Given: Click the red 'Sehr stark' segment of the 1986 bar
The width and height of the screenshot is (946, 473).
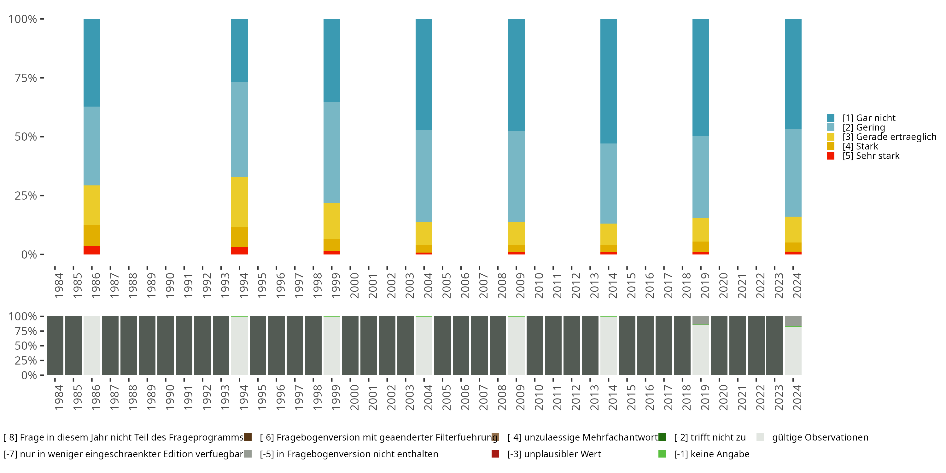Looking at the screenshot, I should click(x=92, y=250).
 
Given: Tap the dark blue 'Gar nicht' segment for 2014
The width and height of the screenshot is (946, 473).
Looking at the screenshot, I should click(x=609, y=81).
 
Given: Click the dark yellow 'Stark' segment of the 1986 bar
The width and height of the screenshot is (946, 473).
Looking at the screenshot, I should click(x=92, y=236).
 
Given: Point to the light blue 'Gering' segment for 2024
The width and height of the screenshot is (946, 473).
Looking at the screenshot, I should click(x=793, y=172).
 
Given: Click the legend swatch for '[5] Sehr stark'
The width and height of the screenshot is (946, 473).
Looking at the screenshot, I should click(x=831, y=156).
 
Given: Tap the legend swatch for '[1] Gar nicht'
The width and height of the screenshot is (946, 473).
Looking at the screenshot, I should click(x=831, y=118).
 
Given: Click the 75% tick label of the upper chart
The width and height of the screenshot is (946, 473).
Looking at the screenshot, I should click(x=26, y=78).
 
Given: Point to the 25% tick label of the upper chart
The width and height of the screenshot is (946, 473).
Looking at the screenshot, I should click(x=26, y=196).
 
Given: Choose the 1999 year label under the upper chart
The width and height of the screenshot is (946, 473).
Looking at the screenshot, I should click(x=336, y=285).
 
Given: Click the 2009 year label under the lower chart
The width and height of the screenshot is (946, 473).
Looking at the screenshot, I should click(x=520, y=397).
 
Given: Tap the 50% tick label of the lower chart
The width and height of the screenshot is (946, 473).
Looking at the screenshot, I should click(x=26, y=346).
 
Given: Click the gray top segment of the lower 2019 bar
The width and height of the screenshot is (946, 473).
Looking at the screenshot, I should click(x=701, y=320).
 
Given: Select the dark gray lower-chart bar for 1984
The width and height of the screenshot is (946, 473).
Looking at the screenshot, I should click(x=55, y=346).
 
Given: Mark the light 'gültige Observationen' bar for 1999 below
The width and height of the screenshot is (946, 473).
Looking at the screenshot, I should click(x=332, y=346).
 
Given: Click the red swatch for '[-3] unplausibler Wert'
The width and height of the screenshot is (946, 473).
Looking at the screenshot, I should click(x=495, y=454).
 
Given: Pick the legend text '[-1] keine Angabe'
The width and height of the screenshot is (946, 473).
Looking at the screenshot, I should click(x=712, y=454).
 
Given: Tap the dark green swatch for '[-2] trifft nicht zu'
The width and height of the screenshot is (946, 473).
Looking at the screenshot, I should click(x=662, y=437).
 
